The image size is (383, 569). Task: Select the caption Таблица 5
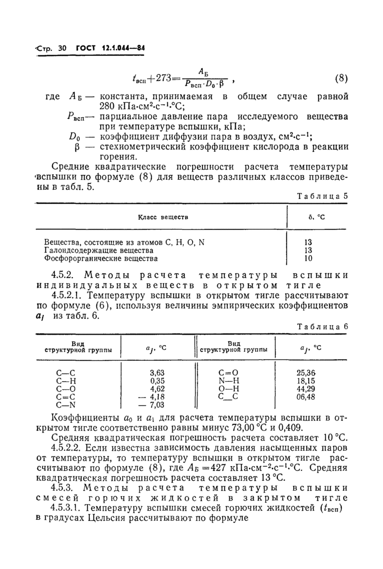click(327, 196)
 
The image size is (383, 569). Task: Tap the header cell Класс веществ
click(162, 217)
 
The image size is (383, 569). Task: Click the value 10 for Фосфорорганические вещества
click(308, 258)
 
